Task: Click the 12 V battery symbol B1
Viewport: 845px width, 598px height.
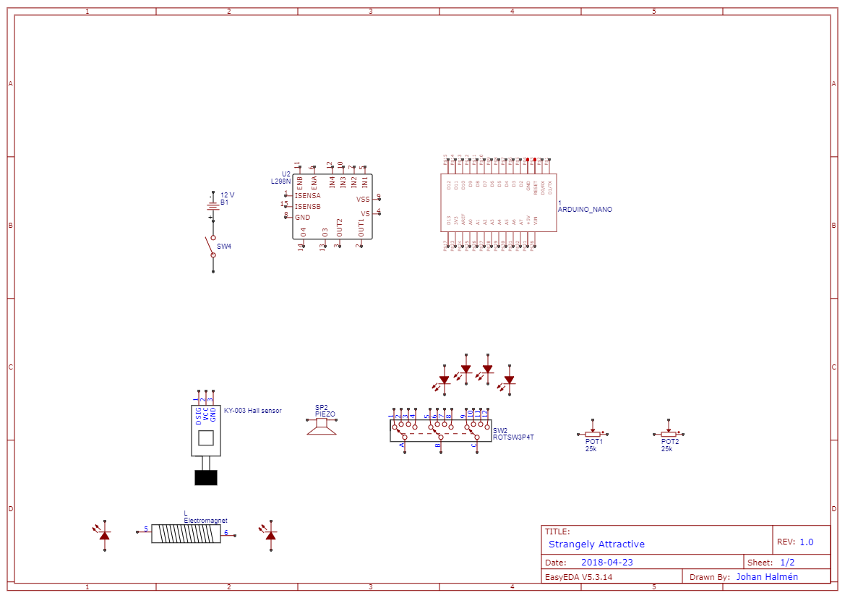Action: pos(213,205)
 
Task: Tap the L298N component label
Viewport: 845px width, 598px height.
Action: pos(280,181)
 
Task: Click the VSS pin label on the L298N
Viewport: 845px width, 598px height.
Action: pos(363,199)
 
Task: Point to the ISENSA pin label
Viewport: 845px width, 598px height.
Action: pos(307,196)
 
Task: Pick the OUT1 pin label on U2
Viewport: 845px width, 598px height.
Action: pos(361,228)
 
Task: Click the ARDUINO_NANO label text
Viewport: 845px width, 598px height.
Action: pos(585,210)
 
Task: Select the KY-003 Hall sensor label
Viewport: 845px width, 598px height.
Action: pos(252,411)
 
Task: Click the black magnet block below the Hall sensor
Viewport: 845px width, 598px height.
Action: pos(206,477)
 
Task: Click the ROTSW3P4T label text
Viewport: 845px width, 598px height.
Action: pos(513,437)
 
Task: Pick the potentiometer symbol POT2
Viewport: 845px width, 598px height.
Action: pos(669,434)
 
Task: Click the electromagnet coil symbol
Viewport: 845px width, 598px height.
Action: pos(186,534)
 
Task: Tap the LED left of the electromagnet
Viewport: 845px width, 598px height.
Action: pos(105,535)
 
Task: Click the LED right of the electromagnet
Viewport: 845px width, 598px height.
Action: pos(271,535)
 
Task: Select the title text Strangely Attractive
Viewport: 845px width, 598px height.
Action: pos(596,544)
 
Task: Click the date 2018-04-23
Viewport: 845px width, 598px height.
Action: pos(607,563)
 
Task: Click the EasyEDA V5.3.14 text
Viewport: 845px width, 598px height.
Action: pos(578,577)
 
